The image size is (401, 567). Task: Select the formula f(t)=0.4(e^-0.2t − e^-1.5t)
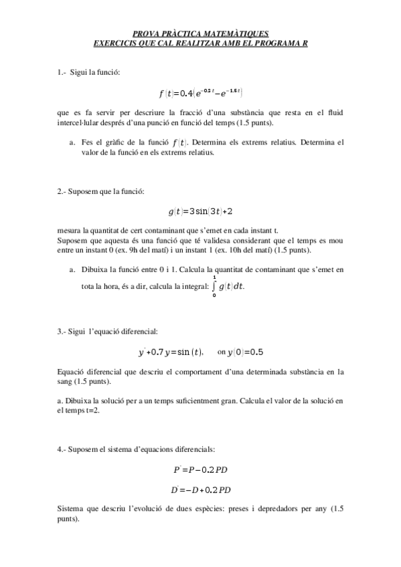(x=201, y=92)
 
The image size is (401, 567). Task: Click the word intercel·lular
(x=81, y=124)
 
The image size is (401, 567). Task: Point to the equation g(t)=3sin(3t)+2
(x=201, y=211)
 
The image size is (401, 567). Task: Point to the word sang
(x=67, y=381)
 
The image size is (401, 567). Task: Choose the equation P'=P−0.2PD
(x=201, y=470)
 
